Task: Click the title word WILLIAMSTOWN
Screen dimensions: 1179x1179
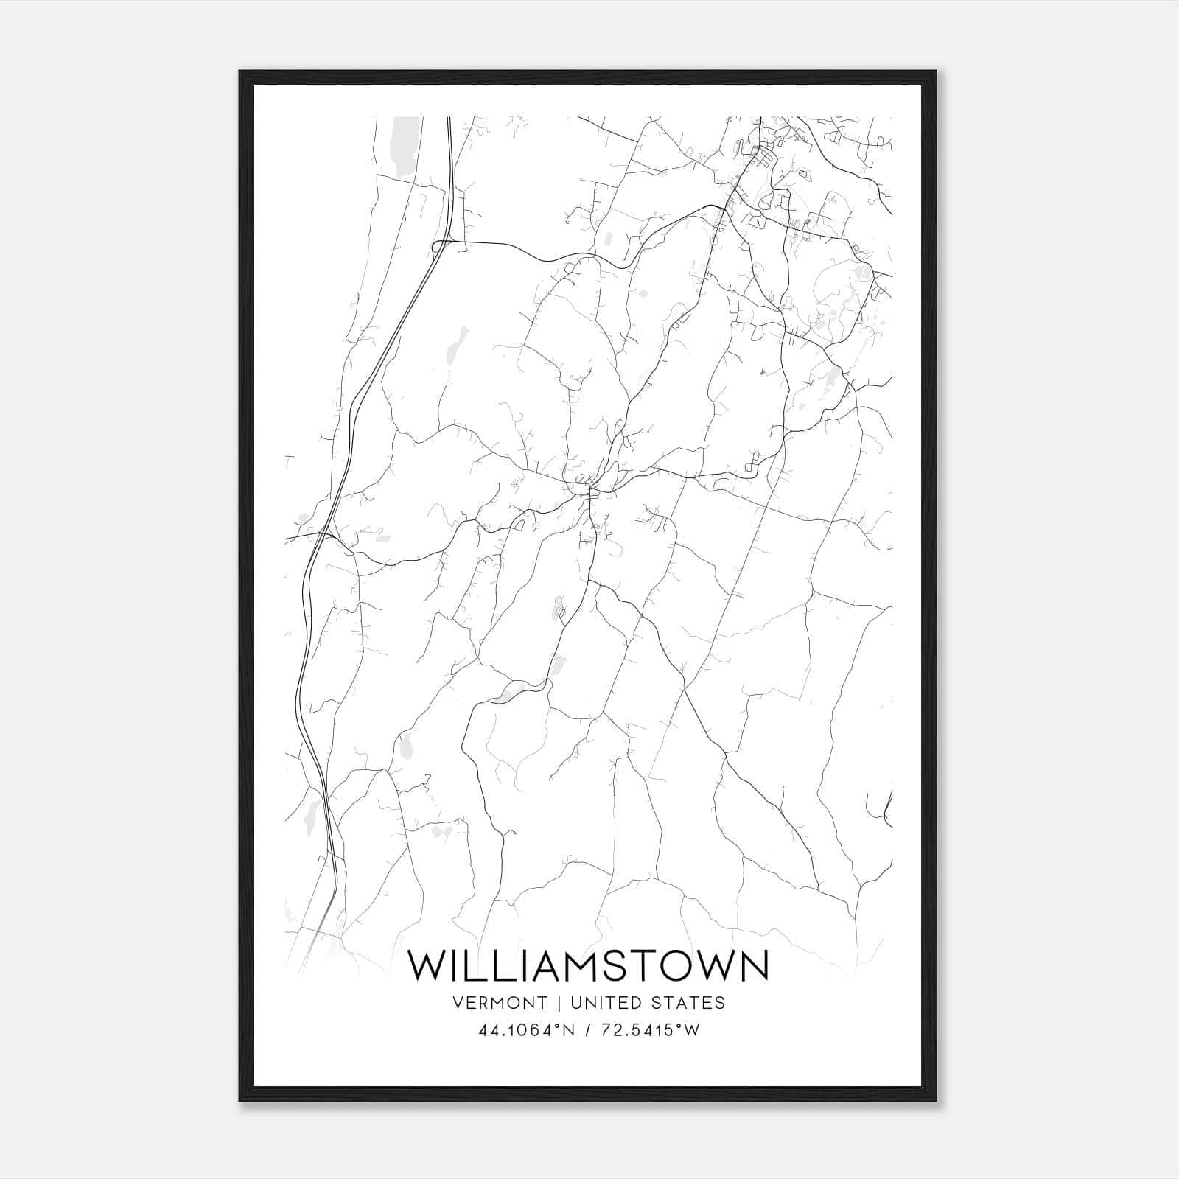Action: pos(589,966)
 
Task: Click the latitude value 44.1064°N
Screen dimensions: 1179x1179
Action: pos(525,1031)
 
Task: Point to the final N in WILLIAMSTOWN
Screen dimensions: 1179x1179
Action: pos(753,966)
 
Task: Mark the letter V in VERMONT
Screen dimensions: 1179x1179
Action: pos(459,1003)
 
